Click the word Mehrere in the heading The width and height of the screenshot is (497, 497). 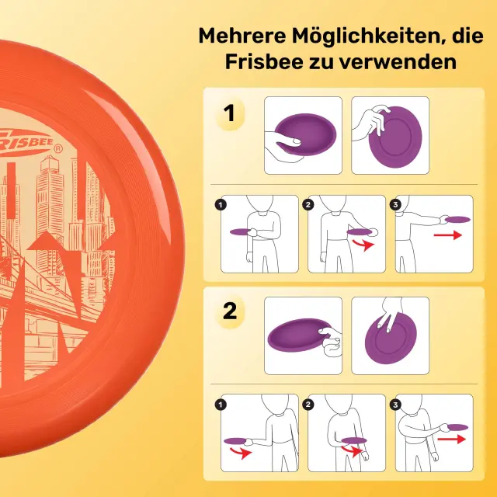[x=242, y=36]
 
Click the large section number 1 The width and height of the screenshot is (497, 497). [x=229, y=113]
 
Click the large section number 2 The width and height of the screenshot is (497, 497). [x=230, y=311]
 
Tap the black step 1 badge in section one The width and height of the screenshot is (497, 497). [x=221, y=205]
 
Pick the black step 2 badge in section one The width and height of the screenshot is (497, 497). [x=308, y=205]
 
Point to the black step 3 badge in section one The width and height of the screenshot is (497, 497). [x=395, y=205]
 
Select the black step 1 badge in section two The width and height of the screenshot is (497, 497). [x=221, y=405]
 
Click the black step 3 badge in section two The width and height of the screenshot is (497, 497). [x=395, y=405]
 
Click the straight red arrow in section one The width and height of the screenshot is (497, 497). [x=448, y=235]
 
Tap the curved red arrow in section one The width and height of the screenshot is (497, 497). [x=364, y=245]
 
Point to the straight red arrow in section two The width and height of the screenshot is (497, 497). [x=452, y=439]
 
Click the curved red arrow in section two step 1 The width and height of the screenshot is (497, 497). [x=241, y=453]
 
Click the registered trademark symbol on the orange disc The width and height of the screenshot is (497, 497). [x=58, y=149]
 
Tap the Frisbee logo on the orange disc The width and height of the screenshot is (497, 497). [x=26, y=143]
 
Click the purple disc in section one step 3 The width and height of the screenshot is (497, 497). [x=457, y=219]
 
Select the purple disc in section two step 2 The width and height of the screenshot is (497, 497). [x=354, y=440]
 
